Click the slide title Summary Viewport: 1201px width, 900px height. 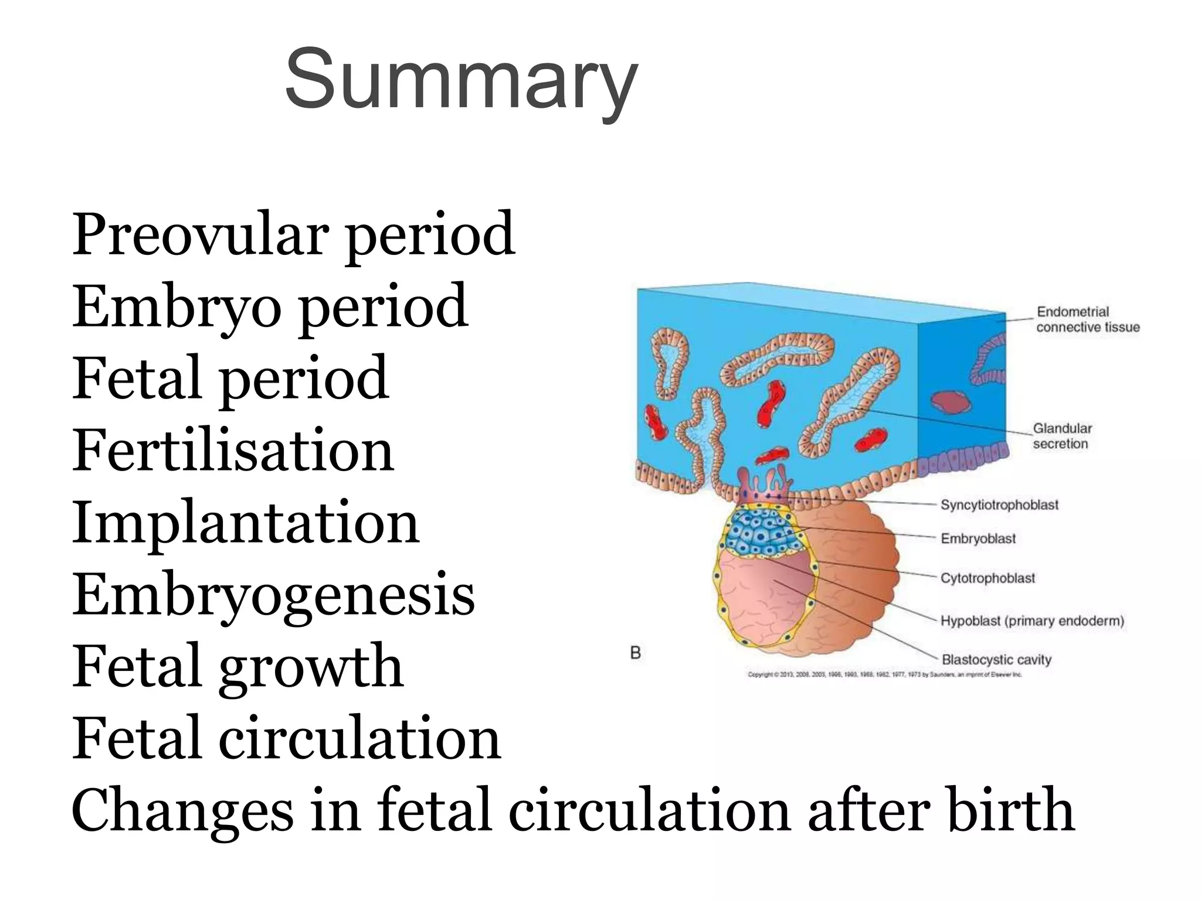[461, 79]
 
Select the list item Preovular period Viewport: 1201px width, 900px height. [293, 234]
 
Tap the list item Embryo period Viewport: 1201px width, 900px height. [270, 306]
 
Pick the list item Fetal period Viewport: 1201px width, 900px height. [230, 379]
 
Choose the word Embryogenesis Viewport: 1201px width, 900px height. [273, 595]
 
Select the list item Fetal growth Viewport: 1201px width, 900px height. [238, 667]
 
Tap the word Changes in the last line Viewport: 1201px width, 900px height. [182, 811]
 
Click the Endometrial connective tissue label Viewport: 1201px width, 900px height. [1088, 319]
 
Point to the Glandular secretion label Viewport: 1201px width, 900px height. [1062, 436]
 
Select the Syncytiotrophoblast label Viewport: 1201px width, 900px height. [999, 504]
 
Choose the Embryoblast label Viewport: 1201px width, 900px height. [978, 538]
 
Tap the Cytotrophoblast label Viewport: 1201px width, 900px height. [988, 578]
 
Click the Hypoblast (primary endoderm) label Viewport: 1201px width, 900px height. [1032, 621]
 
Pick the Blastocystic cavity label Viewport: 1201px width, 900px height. [996, 660]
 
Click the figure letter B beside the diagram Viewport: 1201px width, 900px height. [635, 652]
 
